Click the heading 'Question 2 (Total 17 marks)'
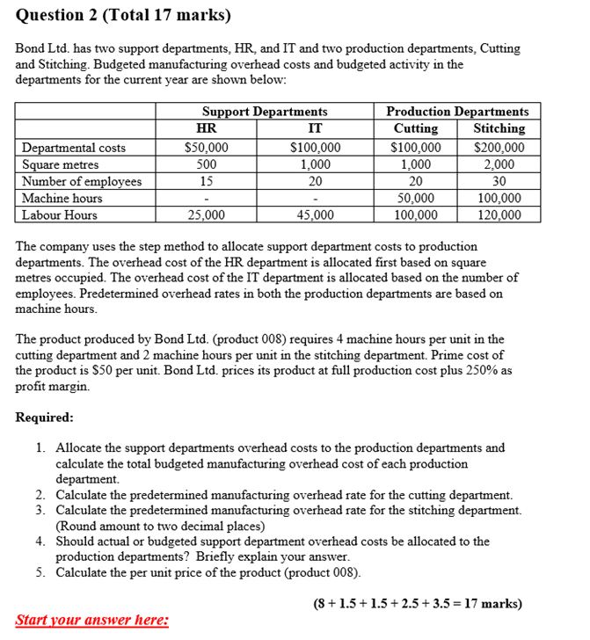coord(122,15)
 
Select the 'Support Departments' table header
coord(265,112)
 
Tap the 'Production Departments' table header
coord(457,112)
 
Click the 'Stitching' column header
coord(499,128)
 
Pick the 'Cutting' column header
coord(415,128)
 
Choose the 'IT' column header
coord(315,128)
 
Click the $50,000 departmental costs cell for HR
coord(207,148)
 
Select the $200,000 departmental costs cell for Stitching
coord(499,148)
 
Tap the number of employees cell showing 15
coord(207,181)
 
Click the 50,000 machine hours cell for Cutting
coord(416,198)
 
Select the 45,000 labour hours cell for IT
coord(315,215)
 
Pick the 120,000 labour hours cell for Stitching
coord(499,215)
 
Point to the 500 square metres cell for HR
coord(207,164)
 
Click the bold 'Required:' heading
coord(44,417)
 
